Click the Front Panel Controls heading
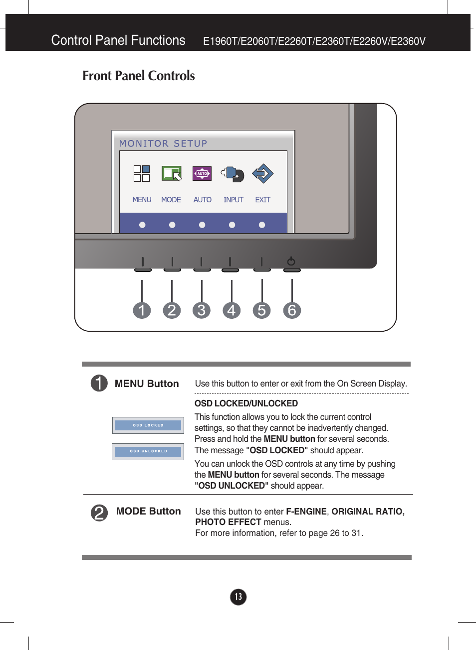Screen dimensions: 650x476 (x=138, y=76)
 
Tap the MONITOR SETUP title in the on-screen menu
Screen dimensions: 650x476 (x=163, y=143)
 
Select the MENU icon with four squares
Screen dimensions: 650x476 (x=142, y=173)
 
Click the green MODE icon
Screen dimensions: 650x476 (x=171, y=173)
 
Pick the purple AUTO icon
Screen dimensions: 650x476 (x=202, y=173)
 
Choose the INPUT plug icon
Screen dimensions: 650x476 (x=233, y=174)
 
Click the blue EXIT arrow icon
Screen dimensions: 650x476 (x=262, y=173)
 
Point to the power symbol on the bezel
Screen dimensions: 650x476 (x=291, y=261)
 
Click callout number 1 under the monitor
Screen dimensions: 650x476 (x=142, y=310)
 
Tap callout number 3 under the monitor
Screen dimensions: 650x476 (x=202, y=310)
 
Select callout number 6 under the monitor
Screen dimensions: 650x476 (x=292, y=310)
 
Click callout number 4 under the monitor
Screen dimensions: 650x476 (x=232, y=310)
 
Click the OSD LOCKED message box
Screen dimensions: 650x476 (x=148, y=425)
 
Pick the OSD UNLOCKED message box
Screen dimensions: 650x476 (x=148, y=451)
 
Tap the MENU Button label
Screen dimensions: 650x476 (x=147, y=384)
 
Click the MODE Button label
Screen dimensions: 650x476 (x=148, y=511)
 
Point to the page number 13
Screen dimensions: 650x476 (x=238, y=597)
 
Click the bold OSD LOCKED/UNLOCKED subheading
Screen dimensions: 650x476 (x=246, y=403)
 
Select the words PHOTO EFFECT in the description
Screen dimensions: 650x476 (x=228, y=522)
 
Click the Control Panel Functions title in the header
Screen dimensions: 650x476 (x=118, y=40)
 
